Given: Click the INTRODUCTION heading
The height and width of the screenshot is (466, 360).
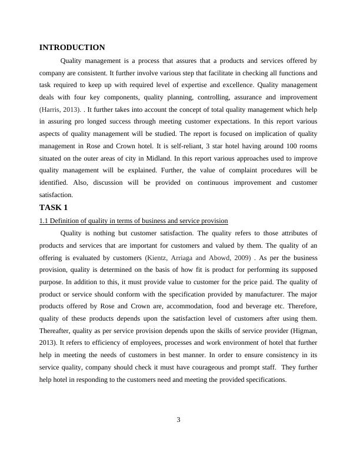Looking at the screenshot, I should click(72, 48).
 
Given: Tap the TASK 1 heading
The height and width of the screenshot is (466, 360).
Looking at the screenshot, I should click(54, 207).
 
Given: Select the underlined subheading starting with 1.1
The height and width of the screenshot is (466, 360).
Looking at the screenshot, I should click(134, 221).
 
